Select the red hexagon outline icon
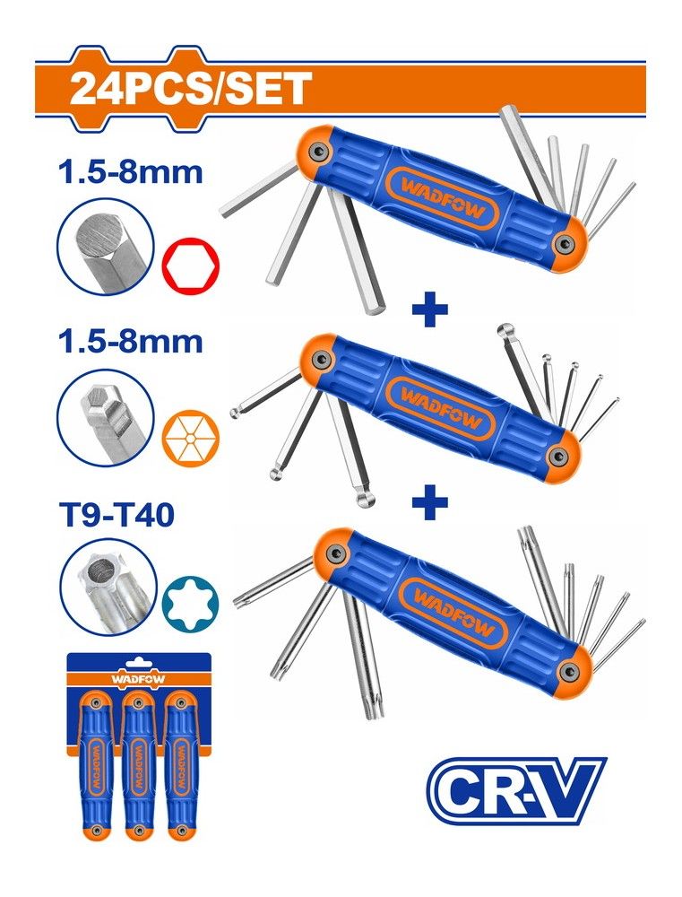pos(191,266)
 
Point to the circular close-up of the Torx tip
pos(107,590)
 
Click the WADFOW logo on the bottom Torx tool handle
pos(453,614)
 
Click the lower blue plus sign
pos(429,501)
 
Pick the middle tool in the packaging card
pos(136,766)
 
